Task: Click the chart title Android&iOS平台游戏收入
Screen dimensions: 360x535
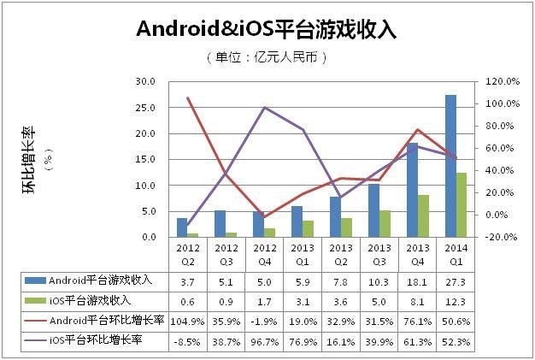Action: (x=267, y=29)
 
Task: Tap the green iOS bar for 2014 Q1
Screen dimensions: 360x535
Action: (x=462, y=205)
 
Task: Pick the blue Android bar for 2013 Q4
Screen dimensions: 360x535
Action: (x=412, y=190)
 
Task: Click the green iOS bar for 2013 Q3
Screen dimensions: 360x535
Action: (x=385, y=223)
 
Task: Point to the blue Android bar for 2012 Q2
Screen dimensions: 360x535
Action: (x=182, y=227)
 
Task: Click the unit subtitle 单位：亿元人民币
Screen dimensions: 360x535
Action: (x=267, y=57)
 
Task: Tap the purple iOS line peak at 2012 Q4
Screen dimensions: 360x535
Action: (x=266, y=108)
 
